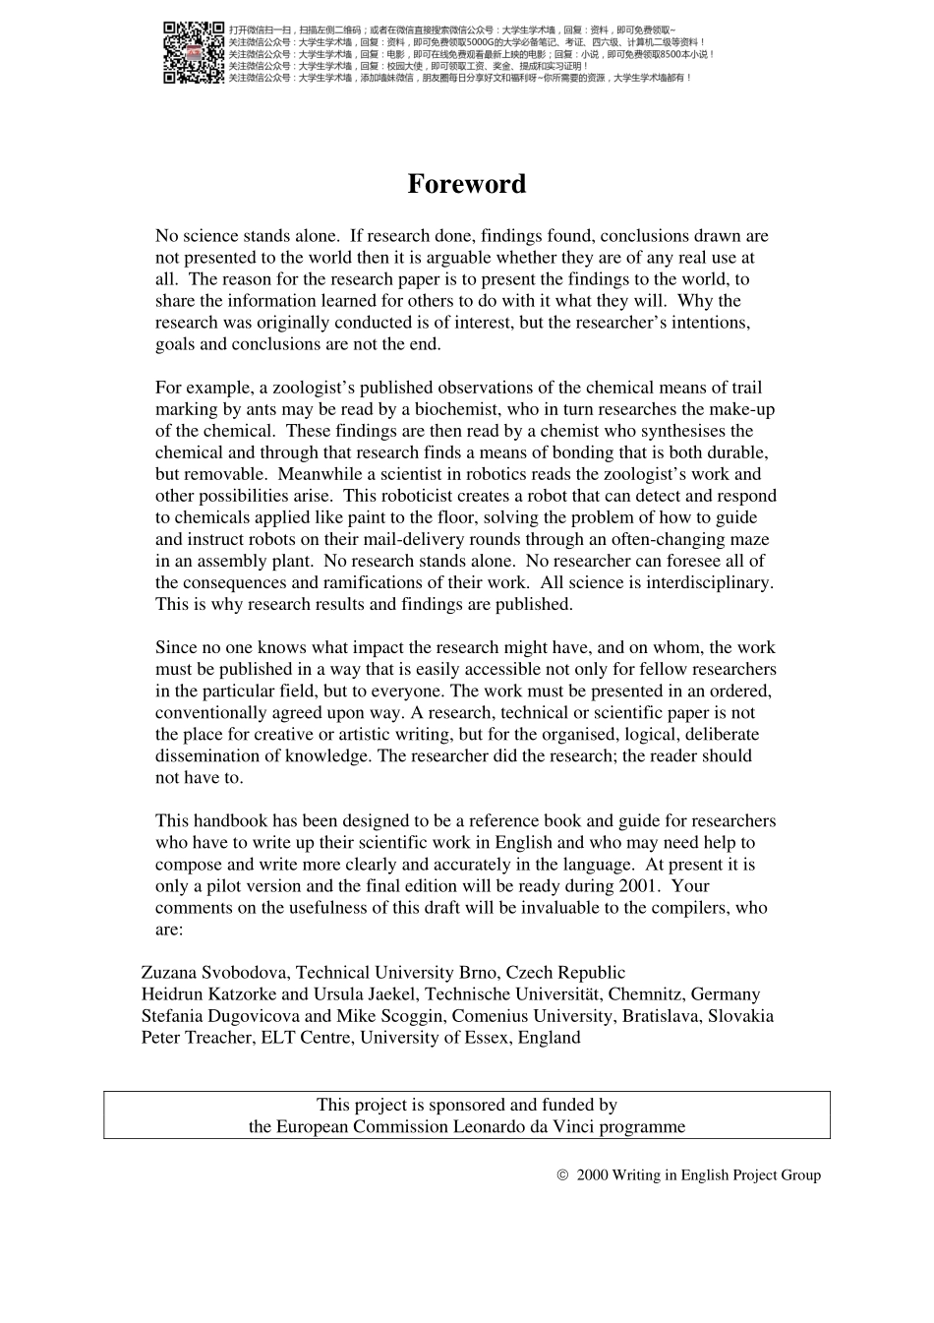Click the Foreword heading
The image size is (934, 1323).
pos(467,184)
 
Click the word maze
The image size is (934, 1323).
pos(750,539)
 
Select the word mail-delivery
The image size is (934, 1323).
pos(424,539)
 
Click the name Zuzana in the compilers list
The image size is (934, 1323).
pos(169,972)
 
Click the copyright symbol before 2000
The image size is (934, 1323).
pos(563,1174)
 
